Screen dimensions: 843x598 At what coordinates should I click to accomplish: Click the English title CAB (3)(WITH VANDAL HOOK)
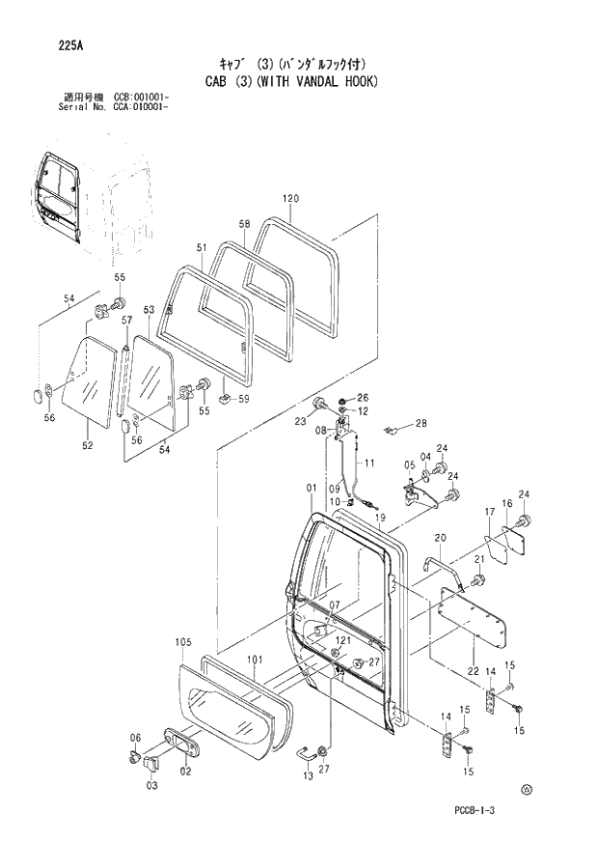click(291, 81)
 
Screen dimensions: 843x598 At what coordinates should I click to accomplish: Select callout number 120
click(291, 199)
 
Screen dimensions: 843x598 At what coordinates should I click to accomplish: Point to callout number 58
click(244, 224)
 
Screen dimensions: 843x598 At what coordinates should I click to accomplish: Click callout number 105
click(183, 642)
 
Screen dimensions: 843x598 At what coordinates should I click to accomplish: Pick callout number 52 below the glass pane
click(88, 445)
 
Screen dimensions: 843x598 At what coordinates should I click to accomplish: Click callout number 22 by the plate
click(473, 671)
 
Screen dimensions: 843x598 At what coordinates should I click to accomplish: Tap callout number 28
click(421, 424)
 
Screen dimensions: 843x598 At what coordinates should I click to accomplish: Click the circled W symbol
click(527, 789)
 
